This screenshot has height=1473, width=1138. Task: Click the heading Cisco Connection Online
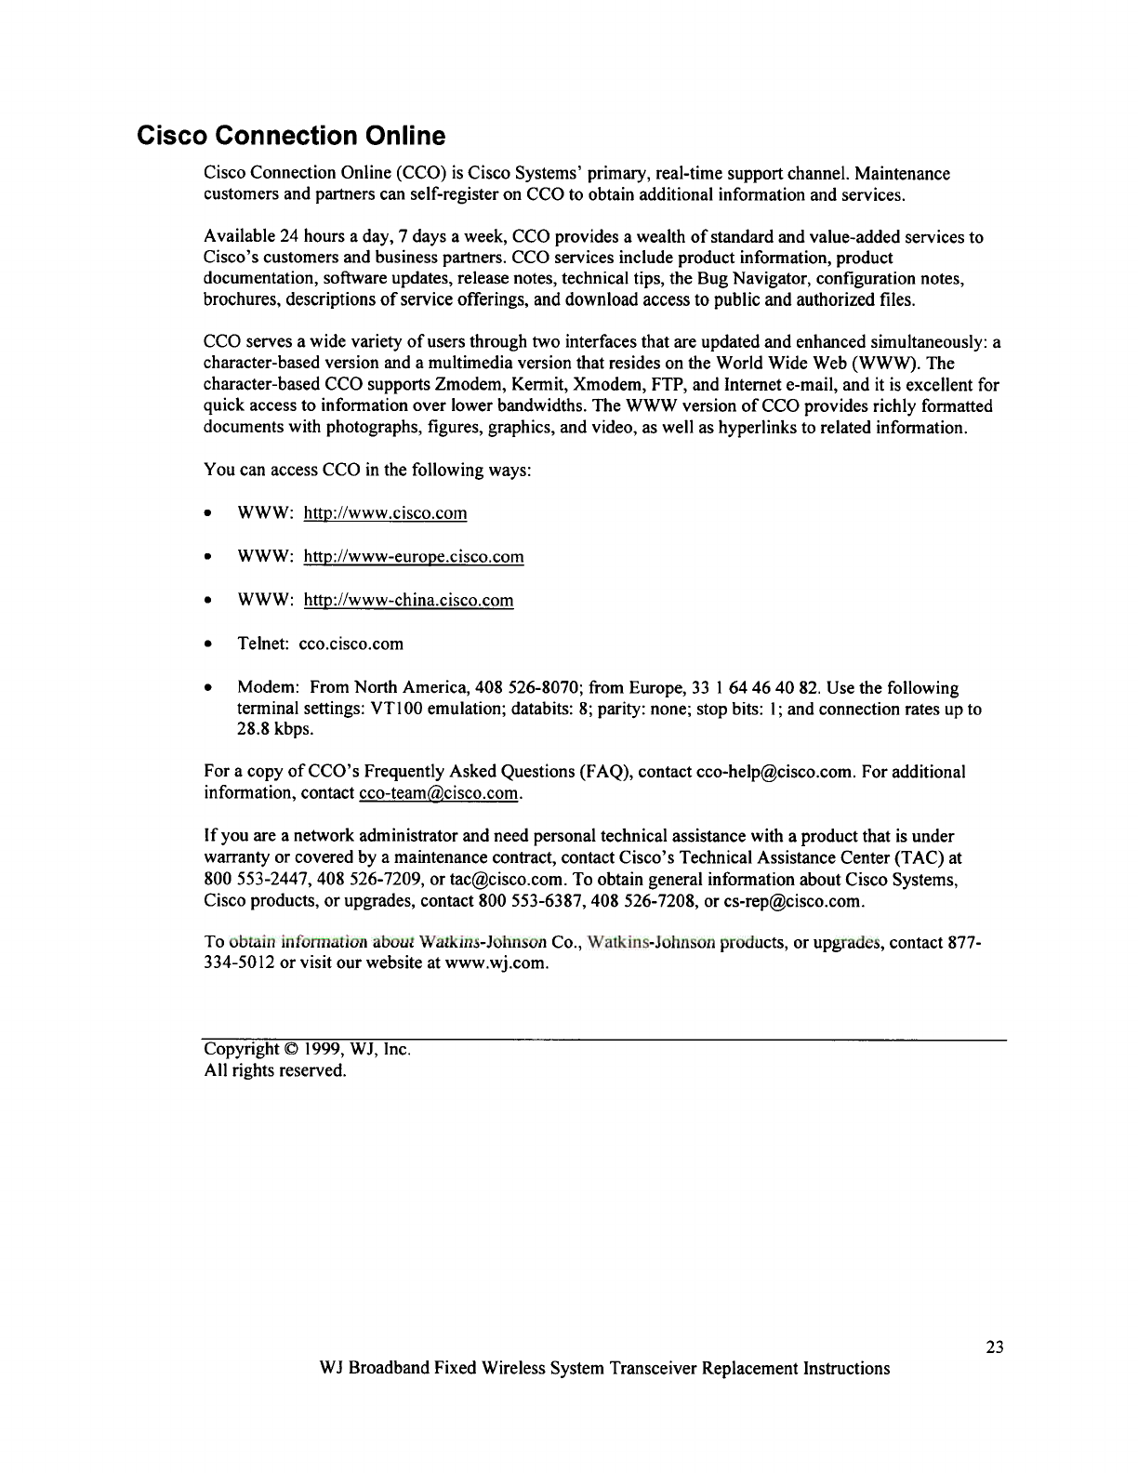(x=291, y=137)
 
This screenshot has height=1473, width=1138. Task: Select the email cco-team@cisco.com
(x=438, y=793)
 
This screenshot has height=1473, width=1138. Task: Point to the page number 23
(x=995, y=1347)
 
